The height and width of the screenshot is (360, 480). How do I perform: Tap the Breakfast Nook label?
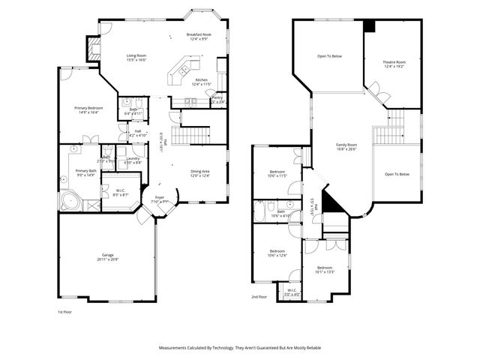[x=199, y=34]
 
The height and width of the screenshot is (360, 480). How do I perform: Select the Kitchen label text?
[x=202, y=80]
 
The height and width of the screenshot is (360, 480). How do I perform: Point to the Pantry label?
[x=217, y=97]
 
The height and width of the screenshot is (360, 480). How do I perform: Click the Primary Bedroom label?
[x=88, y=108]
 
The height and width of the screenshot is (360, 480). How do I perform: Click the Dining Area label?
[x=199, y=171]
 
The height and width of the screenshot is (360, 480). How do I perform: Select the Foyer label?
[x=160, y=197]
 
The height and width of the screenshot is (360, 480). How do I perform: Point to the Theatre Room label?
[x=394, y=61]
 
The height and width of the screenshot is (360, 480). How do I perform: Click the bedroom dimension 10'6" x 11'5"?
[x=277, y=176]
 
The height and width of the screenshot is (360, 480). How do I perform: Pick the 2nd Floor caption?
[x=259, y=297]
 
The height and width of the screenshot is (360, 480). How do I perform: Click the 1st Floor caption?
[x=66, y=311]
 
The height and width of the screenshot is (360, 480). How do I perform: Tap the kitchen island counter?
[x=181, y=69]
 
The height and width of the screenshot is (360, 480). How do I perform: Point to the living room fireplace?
[x=93, y=50]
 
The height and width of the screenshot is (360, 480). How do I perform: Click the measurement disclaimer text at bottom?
[x=240, y=348]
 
